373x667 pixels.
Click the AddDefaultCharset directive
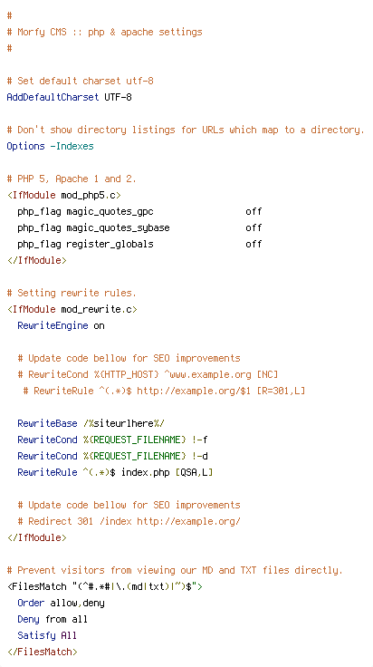53,97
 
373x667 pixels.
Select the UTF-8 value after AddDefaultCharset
118,97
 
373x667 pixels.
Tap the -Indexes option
72,146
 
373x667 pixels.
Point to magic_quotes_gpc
110,212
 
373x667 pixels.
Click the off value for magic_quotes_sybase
253,227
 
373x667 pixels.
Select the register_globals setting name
110,244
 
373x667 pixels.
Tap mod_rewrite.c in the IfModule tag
97,309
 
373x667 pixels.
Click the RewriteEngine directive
53,326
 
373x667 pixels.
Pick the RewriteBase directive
48,424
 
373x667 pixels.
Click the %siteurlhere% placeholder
124,424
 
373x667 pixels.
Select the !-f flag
200,440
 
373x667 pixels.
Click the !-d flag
200,456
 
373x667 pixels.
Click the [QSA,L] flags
194,472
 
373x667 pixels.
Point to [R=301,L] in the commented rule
281,391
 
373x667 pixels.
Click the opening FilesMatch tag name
36,586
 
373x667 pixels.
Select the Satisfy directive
36,635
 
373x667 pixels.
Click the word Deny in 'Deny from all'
28,619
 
